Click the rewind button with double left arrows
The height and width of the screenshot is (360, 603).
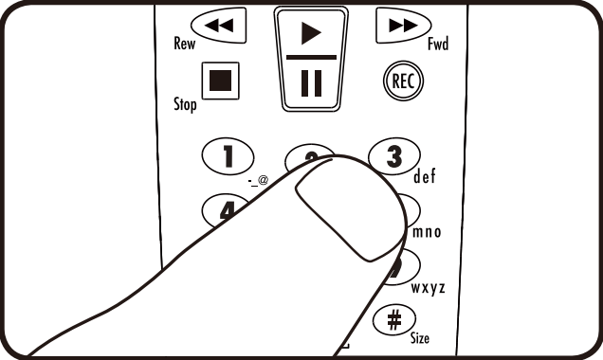219,26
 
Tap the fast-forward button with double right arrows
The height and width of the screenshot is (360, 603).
403,26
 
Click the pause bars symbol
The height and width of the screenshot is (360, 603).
311,83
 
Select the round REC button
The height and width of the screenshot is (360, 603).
403,81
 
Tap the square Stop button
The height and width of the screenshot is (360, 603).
220,81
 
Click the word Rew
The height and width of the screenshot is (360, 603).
185,43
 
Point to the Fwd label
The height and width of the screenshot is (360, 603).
438,44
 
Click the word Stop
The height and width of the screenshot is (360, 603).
185,104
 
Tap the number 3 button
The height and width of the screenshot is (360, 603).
394,156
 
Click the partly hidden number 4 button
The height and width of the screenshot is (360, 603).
225,210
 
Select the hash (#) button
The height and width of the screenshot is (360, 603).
394,319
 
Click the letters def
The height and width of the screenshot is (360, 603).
425,176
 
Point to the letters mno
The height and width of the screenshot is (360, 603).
427,232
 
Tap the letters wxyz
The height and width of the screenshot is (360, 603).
428,287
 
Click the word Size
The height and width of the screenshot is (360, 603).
420,337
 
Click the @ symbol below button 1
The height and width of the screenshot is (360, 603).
263,179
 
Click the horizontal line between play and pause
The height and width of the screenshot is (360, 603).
312,57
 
